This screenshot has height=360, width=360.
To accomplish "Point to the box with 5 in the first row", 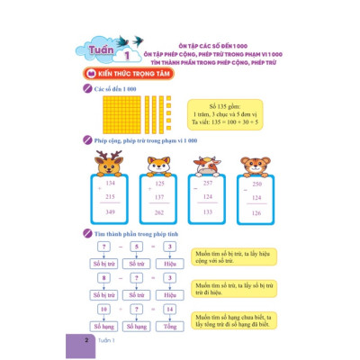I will click(x=139, y=245).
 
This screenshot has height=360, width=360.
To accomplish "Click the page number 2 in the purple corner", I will click(x=84, y=342).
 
